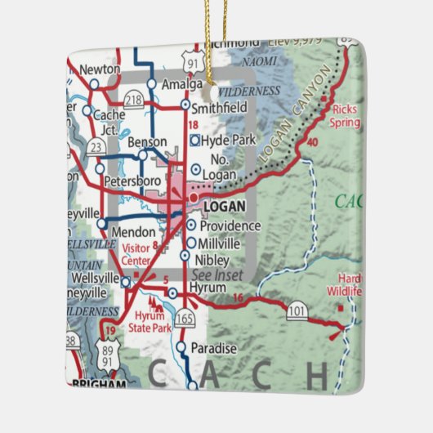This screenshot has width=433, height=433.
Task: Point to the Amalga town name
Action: [181, 84]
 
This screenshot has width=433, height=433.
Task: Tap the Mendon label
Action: [133, 232]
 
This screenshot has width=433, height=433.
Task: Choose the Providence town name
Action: [230, 225]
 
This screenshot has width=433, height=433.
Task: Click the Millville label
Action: [220, 243]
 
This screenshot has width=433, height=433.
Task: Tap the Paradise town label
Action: [213, 349]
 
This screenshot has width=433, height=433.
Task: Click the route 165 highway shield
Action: [186, 316]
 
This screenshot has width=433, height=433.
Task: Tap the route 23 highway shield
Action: [96, 147]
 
